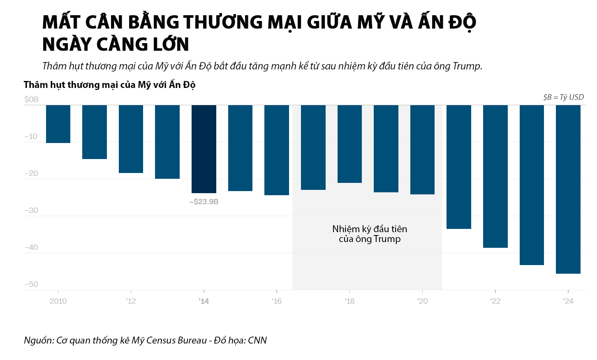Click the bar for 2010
point(58,124)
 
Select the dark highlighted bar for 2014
point(204,149)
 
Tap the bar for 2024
point(568,189)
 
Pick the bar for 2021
point(459,167)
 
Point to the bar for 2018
point(349,144)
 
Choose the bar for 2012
point(131,139)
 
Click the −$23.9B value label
point(204,202)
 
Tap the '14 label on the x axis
point(204,301)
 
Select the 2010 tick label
point(58,301)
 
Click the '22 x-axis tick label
point(495,301)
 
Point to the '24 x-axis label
point(568,301)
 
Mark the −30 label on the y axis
point(31,210)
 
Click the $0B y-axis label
point(32,99)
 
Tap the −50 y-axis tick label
point(31,284)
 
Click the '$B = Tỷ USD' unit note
point(563,97)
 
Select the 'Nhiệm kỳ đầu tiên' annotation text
point(370,229)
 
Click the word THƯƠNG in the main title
point(222,22)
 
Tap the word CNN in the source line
point(257,340)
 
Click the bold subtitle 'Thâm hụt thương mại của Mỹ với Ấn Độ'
point(109,85)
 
